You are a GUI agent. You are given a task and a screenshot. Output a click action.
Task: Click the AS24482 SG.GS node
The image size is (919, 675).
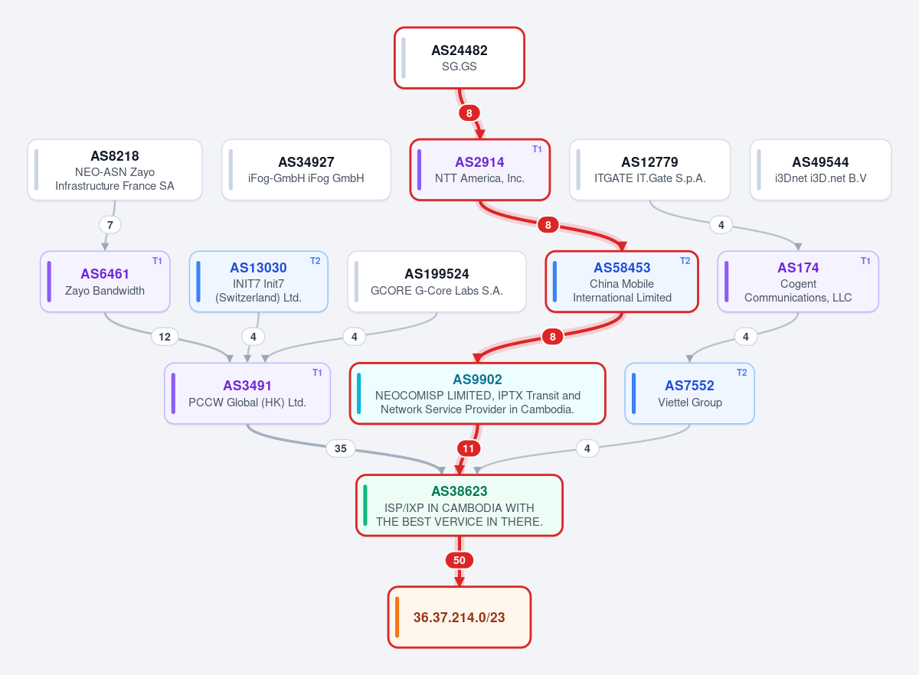coord(459,58)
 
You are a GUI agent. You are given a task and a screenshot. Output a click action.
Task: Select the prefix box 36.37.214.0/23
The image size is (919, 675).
coord(459,617)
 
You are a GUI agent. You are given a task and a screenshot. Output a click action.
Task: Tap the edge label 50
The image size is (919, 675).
coord(459,560)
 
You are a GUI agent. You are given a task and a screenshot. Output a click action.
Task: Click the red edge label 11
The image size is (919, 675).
coord(468,448)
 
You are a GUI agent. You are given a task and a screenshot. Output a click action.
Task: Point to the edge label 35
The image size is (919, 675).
coord(341,448)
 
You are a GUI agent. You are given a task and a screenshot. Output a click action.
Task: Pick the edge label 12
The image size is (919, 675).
coord(165,337)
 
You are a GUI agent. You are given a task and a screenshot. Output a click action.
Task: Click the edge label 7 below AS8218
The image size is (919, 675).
coord(110,225)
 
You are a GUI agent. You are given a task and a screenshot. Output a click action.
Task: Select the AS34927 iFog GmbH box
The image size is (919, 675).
coord(306,170)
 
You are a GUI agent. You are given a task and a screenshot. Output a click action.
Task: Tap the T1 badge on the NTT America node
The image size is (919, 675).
coord(537,149)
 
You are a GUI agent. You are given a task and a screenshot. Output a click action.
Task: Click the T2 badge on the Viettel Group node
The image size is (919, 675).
coord(742,373)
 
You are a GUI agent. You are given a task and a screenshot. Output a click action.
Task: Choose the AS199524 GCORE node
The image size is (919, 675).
coord(437,282)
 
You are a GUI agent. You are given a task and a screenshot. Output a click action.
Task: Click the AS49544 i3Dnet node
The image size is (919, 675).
coord(820,170)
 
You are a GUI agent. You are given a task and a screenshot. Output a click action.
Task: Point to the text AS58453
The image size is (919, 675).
coord(622,268)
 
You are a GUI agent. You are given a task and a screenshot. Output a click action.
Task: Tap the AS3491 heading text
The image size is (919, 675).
coord(247,386)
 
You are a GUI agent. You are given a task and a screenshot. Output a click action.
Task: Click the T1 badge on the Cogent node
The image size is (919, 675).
coord(865,261)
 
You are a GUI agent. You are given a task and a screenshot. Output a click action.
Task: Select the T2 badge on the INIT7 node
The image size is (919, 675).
coord(315,261)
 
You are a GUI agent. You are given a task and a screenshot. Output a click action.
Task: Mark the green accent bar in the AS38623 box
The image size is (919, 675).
coord(365,505)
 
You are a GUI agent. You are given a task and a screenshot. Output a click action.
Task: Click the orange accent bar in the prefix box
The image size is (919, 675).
coord(397,617)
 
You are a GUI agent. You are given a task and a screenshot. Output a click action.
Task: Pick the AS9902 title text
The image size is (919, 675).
coord(477,380)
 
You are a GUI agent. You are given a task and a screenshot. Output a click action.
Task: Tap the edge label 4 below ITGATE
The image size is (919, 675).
coord(721,225)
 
